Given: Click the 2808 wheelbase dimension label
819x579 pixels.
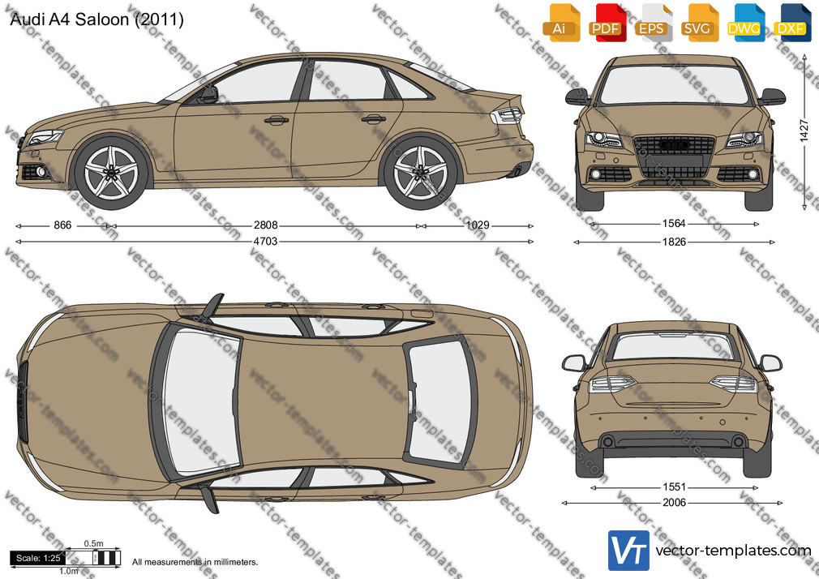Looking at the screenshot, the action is tap(265, 225).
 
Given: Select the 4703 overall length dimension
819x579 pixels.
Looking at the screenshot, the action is tap(265, 242).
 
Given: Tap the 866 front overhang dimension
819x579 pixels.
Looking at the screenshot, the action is tap(62, 225).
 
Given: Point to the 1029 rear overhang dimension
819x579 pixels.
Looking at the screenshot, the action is tap(478, 225).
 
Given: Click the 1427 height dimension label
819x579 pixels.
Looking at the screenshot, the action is tap(804, 131).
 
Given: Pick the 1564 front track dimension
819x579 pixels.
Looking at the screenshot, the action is tap(674, 224).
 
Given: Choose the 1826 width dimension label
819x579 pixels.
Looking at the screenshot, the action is tap(674, 242).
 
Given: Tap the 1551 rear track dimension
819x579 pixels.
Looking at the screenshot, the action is tap(674, 487).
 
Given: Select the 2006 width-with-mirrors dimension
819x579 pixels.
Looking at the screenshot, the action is tap(674, 503).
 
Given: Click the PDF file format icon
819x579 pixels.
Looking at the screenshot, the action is tap(607, 22).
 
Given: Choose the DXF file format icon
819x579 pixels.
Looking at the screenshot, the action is tap(792, 22).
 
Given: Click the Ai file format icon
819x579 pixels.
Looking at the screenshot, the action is tap(561, 22).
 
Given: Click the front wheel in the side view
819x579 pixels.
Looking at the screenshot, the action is tap(111, 172).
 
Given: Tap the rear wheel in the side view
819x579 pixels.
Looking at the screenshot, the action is tap(421, 172).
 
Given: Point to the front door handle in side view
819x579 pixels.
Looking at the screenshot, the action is tap(277, 120).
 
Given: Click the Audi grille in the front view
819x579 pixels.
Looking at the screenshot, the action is tap(673, 157).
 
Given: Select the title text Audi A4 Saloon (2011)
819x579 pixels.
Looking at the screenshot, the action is tap(96, 19).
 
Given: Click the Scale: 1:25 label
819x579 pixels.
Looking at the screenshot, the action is tap(38, 558).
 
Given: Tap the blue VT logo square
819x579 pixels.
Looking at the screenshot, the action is tap(629, 551).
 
